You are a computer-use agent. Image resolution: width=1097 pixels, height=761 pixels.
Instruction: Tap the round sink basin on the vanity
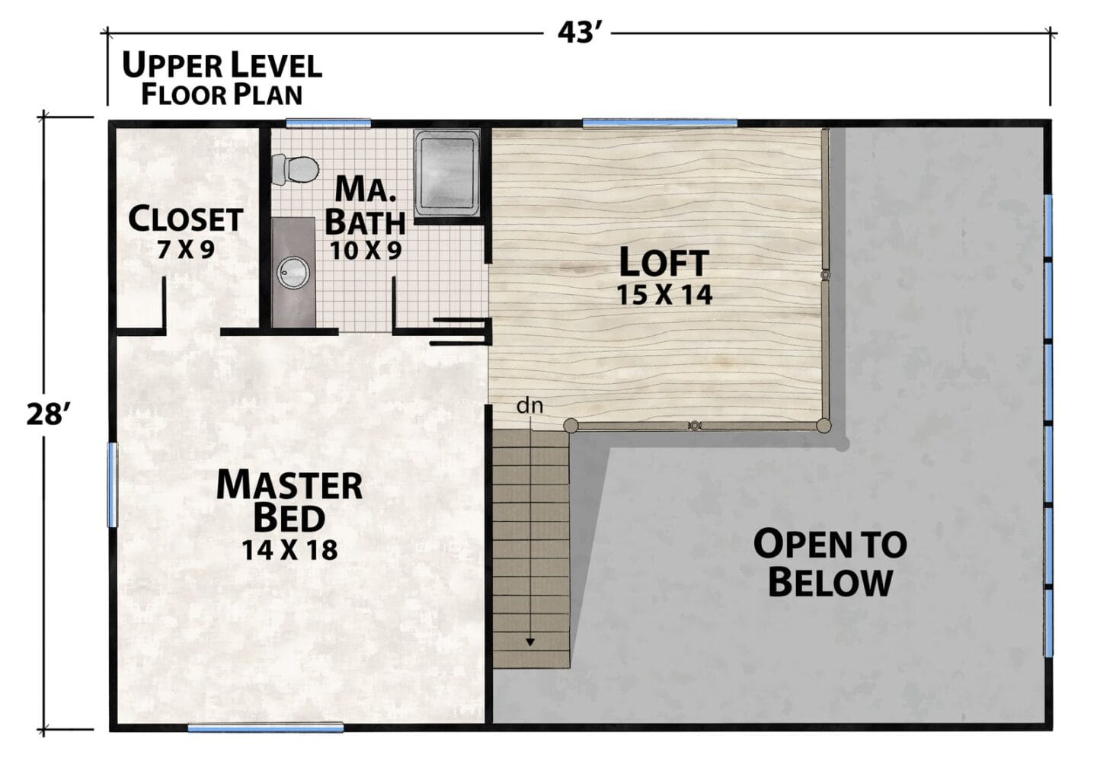[x=293, y=272]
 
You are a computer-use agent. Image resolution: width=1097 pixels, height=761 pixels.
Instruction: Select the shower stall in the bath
[x=447, y=173]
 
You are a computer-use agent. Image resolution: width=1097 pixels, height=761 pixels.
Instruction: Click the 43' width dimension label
[x=577, y=34]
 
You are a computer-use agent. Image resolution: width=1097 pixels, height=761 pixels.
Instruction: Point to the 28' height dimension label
[x=46, y=414]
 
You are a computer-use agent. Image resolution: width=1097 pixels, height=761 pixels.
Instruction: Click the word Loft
[x=664, y=263]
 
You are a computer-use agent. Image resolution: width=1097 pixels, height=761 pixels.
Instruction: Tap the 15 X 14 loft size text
[x=664, y=296]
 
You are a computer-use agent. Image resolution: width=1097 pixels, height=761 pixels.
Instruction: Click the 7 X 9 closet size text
[x=186, y=250]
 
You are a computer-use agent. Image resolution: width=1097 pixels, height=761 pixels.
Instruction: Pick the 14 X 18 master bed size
[x=290, y=550]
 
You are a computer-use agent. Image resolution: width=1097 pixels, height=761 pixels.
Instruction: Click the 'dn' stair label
[x=530, y=406]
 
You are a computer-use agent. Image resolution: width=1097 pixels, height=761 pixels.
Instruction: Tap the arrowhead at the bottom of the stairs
[x=530, y=642]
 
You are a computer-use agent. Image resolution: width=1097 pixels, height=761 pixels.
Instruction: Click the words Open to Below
[x=830, y=564]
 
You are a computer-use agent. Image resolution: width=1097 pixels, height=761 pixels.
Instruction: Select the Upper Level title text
[x=222, y=66]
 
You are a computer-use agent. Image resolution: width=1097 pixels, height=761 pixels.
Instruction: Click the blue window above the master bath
[x=328, y=123]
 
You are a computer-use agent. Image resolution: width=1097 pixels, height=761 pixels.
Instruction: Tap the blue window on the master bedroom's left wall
[x=113, y=484]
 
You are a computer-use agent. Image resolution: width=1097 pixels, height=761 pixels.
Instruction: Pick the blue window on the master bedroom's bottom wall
[x=265, y=727]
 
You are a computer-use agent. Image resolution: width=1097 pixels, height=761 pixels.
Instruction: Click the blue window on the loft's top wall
[x=660, y=123]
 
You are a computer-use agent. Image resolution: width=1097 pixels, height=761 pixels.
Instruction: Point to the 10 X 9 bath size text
[x=366, y=251]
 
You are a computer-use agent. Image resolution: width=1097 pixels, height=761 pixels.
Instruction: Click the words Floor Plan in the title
[x=222, y=95]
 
